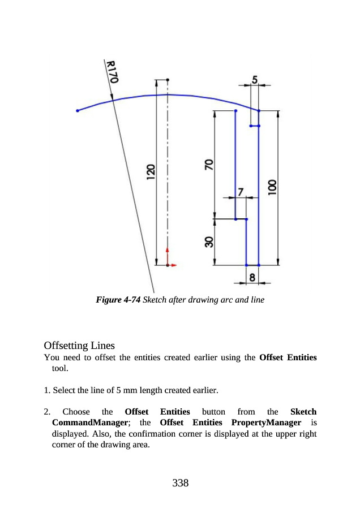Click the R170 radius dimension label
point(112,72)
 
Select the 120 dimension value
point(150,172)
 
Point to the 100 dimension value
point(272,187)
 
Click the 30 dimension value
point(209,242)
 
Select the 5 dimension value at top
point(255,80)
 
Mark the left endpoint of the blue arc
point(78,111)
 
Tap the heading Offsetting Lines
point(79,345)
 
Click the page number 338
point(180,482)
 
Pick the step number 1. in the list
point(47,390)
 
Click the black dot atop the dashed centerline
point(168,80)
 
